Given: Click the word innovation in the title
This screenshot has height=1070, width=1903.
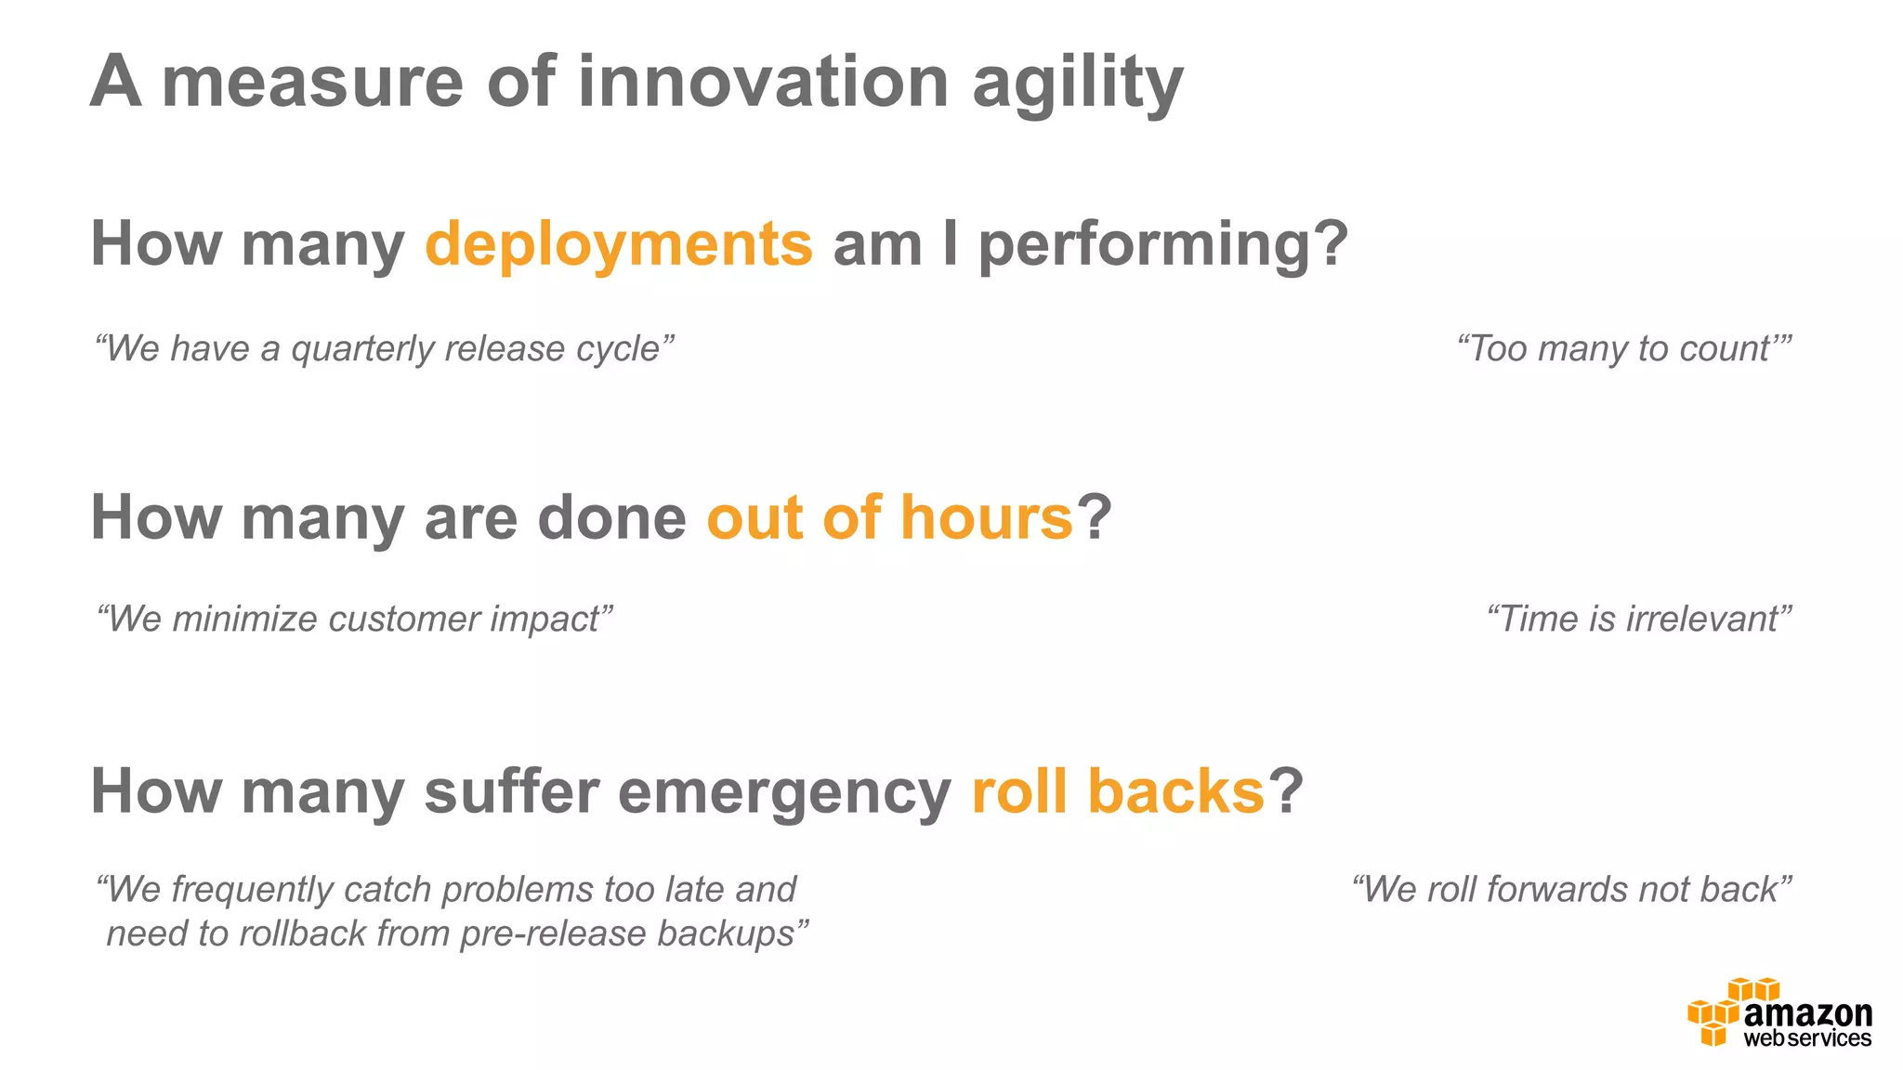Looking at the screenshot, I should (x=762, y=82).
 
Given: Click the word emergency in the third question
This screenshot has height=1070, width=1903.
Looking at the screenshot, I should (x=783, y=793).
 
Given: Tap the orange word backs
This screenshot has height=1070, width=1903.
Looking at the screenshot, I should (x=1175, y=791).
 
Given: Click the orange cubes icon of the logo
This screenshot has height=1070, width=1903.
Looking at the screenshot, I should (x=1714, y=1017).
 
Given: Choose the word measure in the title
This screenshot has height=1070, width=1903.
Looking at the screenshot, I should (x=312, y=82).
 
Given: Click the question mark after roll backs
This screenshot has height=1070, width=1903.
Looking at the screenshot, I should (x=1286, y=791).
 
